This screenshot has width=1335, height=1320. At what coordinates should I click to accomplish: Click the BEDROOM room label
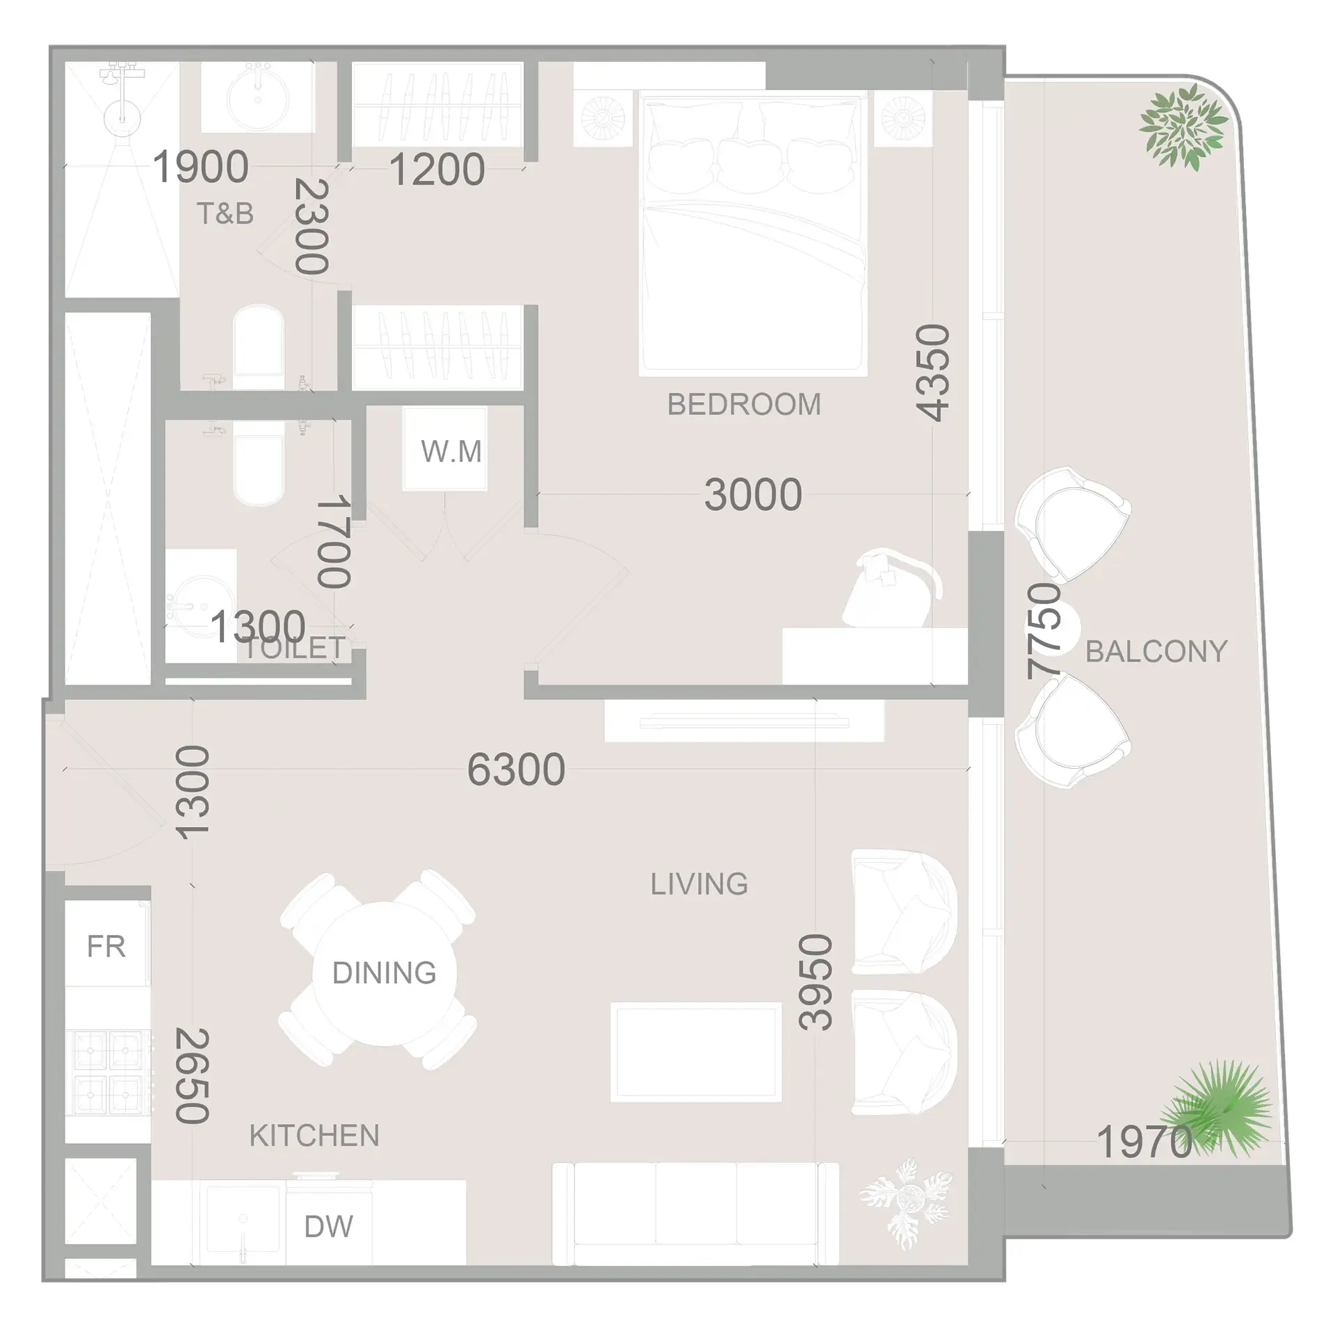[744, 405]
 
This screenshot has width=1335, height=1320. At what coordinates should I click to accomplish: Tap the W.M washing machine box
[451, 452]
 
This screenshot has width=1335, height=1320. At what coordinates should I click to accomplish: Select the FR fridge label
[106, 946]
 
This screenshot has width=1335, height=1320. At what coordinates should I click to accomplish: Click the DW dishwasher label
[328, 1226]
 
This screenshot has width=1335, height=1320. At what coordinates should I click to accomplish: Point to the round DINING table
[384, 972]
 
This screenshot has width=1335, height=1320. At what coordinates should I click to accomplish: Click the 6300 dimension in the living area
[516, 769]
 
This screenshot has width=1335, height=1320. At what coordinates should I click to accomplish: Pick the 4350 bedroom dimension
[933, 373]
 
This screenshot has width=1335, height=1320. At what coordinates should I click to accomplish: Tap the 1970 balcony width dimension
[1144, 1141]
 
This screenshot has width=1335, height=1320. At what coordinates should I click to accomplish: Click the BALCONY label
[1156, 651]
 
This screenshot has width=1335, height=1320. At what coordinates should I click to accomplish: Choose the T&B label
[225, 214]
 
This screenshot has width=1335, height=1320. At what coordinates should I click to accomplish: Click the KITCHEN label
[314, 1136]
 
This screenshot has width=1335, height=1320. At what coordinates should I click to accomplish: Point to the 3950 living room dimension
[816, 981]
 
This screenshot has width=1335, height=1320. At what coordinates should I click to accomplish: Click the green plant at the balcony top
[1183, 127]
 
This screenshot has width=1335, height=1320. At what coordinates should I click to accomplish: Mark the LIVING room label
[699, 884]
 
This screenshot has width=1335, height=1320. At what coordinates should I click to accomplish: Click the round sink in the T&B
[258, 98]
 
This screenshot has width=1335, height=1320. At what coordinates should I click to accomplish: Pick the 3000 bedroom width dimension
[753, 495]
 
